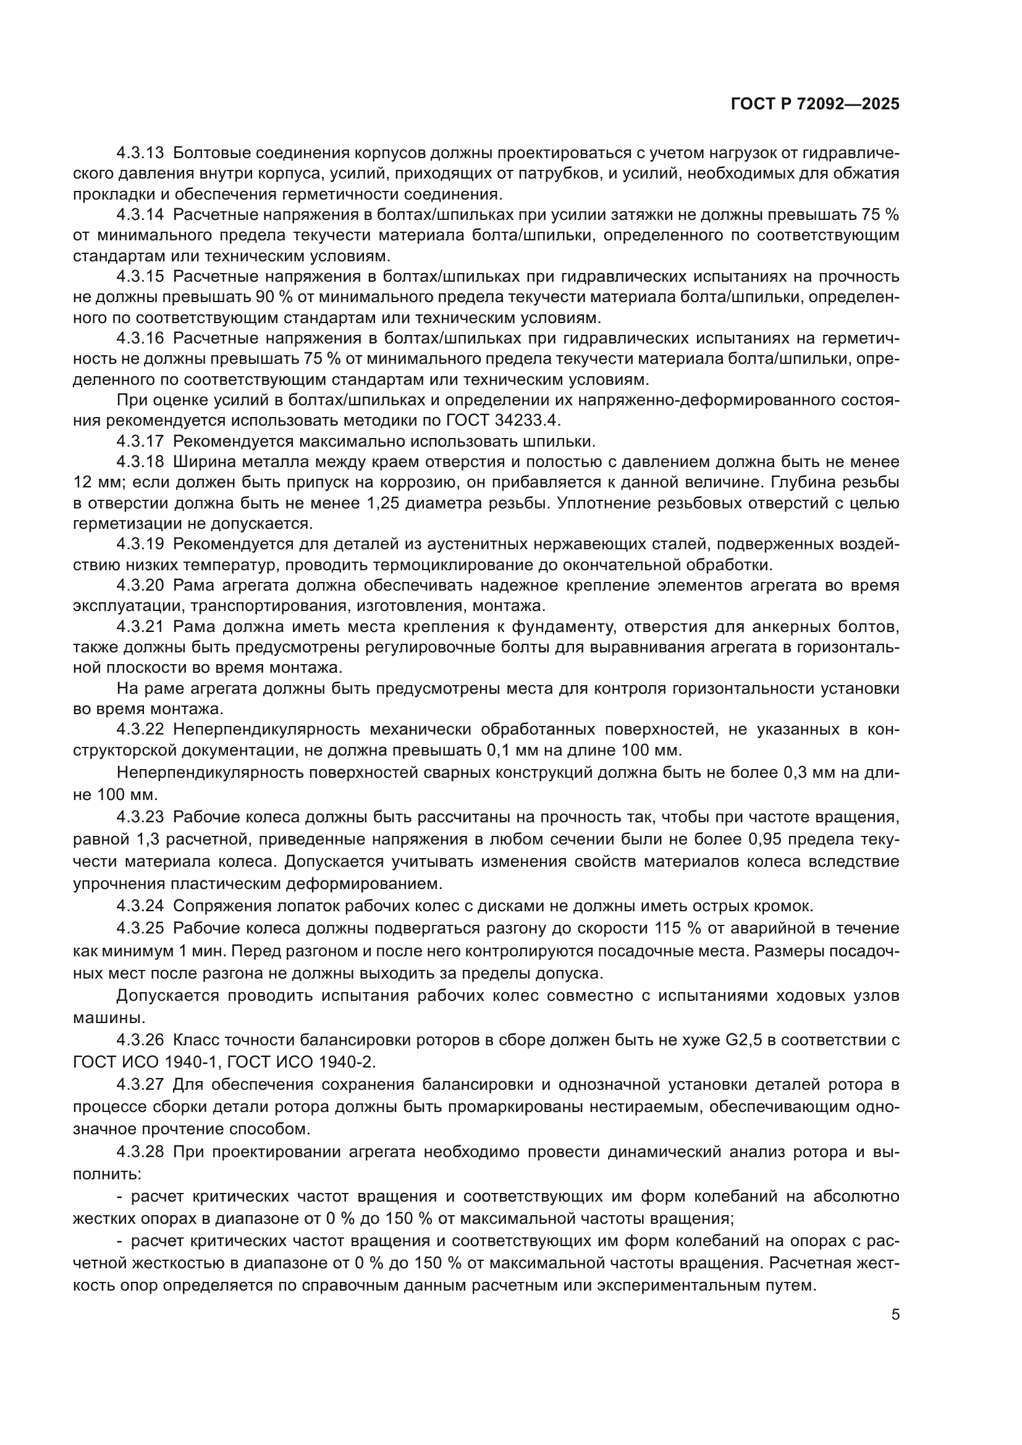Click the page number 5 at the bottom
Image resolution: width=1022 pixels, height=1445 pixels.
[x=895, y=1315]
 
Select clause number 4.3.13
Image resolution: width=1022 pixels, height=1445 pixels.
[x=140, y=153]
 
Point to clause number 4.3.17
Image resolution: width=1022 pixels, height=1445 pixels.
[x=140, y=441]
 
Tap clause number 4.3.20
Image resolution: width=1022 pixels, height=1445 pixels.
[x=140, y=585]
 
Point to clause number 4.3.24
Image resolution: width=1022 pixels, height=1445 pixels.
[x=140, y=906]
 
